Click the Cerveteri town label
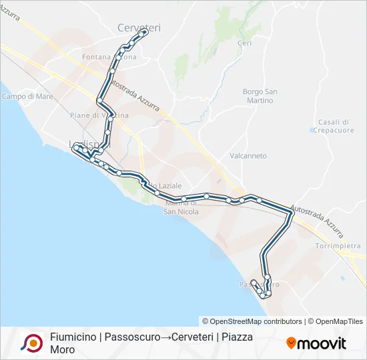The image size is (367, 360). (139, 27)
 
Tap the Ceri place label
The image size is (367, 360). (244, 43)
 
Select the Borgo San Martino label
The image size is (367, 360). (260, 96)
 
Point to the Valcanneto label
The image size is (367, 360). (248, 156)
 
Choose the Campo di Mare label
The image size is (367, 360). (27, 97)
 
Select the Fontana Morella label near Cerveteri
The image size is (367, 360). (109, 57)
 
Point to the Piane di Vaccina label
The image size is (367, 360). (99, 115)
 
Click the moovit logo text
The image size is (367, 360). (322, 343)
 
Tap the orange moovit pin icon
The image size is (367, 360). (291, 343)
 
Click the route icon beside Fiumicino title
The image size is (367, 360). (31, 343)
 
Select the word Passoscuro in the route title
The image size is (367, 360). (131, 337)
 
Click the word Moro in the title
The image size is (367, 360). (62, 349)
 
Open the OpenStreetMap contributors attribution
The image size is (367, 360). (252, 321)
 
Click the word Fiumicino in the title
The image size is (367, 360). (73, 337)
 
